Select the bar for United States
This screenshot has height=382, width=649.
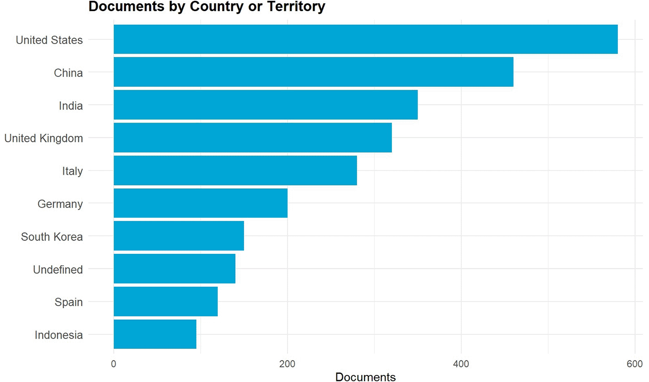[365, 39]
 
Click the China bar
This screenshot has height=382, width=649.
[313, 72]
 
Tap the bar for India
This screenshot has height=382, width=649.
[266, 104]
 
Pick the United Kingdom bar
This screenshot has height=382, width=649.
[253, 137]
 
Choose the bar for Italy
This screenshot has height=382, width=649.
[235, 170]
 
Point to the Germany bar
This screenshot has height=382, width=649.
[201, 203]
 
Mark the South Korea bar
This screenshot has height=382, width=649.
[179, 236]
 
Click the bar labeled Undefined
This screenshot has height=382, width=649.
[175, 269]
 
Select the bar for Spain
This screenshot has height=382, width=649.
[166, 301]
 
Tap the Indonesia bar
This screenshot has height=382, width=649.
[155, 334]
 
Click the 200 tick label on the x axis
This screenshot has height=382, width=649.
[287, 364]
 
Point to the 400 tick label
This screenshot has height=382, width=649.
[461, 364]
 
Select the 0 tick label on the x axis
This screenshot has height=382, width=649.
[114, 364]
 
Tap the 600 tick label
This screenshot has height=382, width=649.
[634, 364]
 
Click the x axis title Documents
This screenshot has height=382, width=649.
[365, 377]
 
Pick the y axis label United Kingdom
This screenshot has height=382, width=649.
[44, 138]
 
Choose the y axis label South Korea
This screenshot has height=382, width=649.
[52, 237]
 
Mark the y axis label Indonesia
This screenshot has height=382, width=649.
[59, 335]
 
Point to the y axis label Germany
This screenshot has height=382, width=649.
[60, 204]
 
